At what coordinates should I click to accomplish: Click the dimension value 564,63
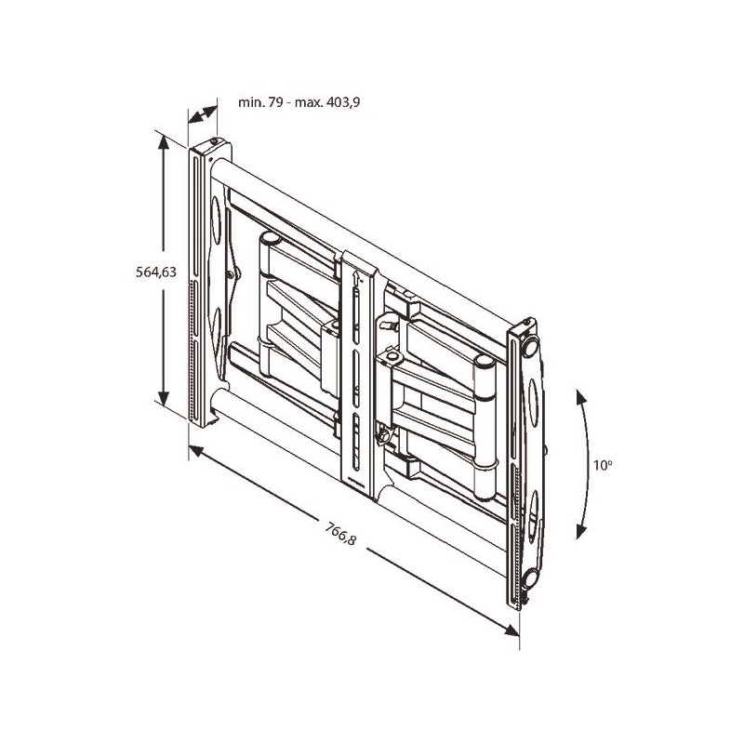[156, 272]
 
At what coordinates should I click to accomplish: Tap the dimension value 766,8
[340, 533]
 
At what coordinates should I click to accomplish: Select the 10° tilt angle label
[603, 465]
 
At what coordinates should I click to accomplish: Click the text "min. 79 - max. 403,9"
[299, 102]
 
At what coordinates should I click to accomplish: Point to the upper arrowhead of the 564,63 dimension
[164, 142]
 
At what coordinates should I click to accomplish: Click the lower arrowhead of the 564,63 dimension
[164, 399]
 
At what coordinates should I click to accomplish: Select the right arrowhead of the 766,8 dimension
[512, 631]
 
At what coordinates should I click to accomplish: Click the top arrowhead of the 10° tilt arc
[580, 397]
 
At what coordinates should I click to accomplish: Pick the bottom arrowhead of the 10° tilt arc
[580, 531]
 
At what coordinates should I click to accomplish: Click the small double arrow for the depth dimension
[203, 114]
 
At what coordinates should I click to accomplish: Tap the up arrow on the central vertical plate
[356, 277]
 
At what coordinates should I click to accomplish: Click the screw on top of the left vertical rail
[215, 141]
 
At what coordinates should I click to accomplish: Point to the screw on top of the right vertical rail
[526, 323]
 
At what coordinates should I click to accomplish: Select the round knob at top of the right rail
[530, 346]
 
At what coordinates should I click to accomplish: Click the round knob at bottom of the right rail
[529, 578]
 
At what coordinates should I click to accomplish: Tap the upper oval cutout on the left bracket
[216, 220]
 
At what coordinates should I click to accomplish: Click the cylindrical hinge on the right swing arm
[485, 427]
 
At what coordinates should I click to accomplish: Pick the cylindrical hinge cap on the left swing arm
[270, 237]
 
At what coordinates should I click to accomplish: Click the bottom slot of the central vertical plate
[356, 443]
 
